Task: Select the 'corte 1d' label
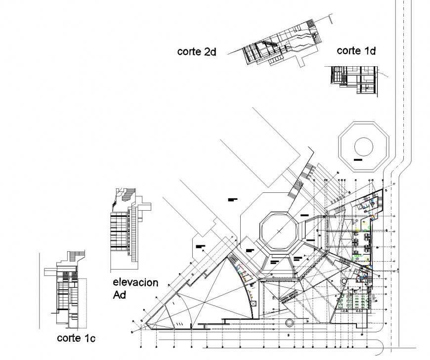pyautogui.click(x=356, y=50)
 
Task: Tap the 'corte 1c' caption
pyautogui.click(x=76, y=338)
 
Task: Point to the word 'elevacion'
pyautogui.click(x=135, y=283)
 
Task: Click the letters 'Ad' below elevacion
pyautogui.click(x=120, y=295)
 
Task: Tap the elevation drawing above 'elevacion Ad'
pyautogui.click(x=127, y=223)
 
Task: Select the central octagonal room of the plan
pyautogui.click(x=279, y=231)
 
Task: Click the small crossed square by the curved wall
pyautogui.click(x=253, y=303)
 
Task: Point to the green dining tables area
pyautogui.click(x=356, y=300)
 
